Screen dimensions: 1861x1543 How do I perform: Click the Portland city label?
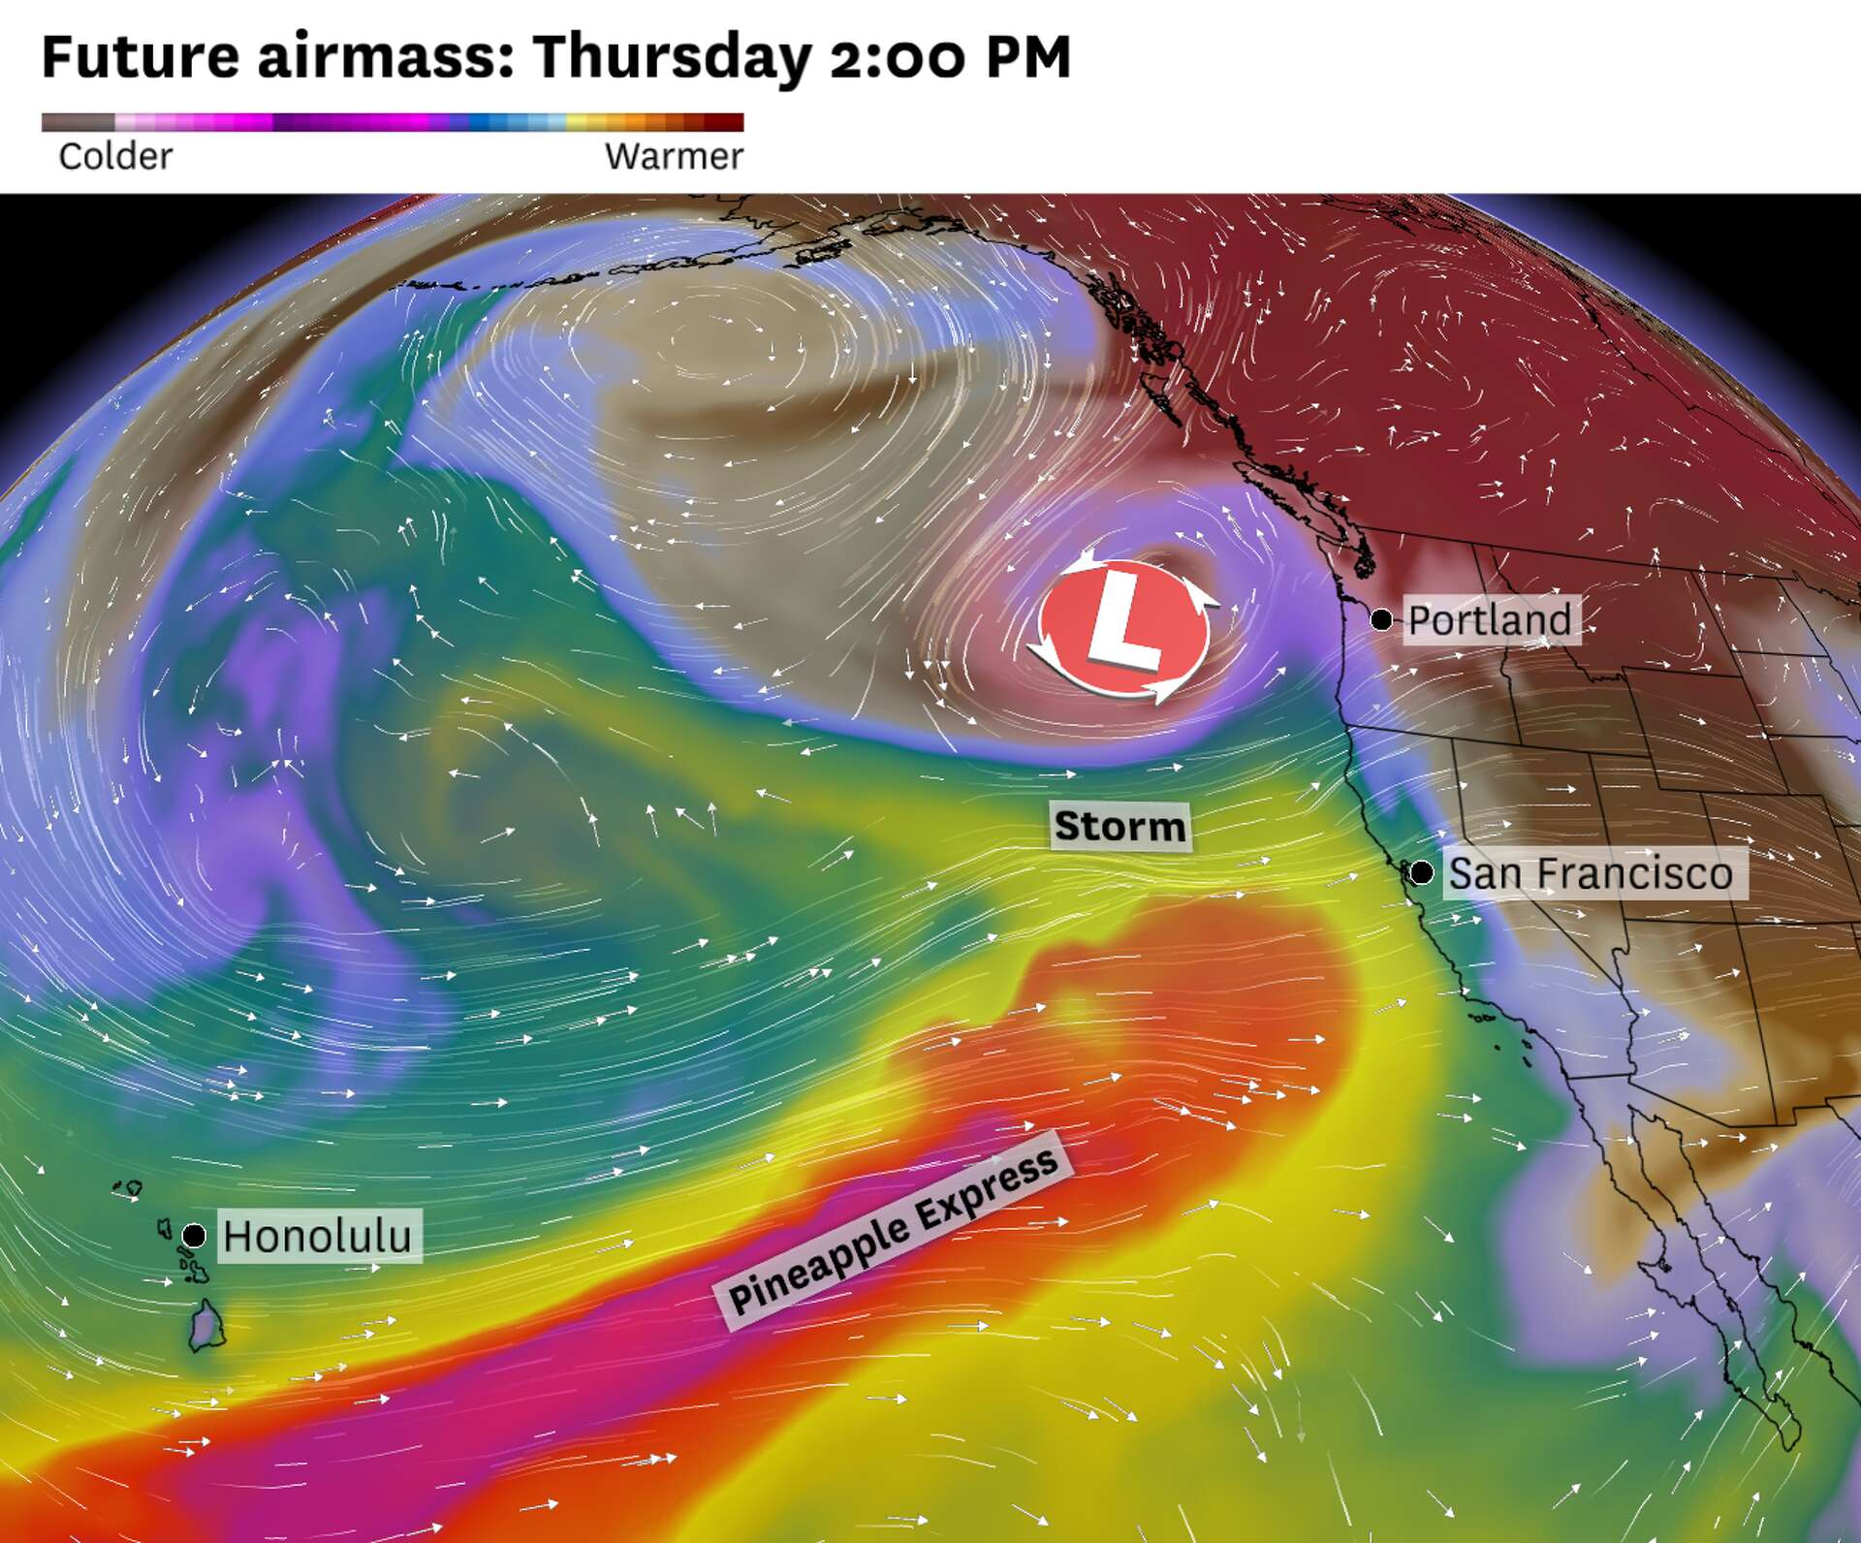pyautogui.click(x=1490, y=620)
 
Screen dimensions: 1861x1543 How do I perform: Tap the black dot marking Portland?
pyautogui.click(x=1381, y=619)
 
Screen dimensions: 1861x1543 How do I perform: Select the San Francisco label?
pyautogui.click(x=1591, y=873)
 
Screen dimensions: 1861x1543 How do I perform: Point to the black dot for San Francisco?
pyautogui.click(x=1421, y=872)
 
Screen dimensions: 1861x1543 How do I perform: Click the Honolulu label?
pyautogui.click(x=317, y=1236)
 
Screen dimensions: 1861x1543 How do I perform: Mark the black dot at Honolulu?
pyautogui.click(x=194, y=1235)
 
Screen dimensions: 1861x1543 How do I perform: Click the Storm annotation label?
pyautogui.click(x=1120, y=827)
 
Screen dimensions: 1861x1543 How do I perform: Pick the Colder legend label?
pyautogui.click(x=115, y=156)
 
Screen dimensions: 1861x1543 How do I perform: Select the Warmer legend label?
pyautogui.click(x=674, y=156)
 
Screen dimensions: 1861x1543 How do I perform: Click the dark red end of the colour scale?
pyautogui.click(x=727, y=122)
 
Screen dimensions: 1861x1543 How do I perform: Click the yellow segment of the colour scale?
pyautogui.click(x=582, y=122)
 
